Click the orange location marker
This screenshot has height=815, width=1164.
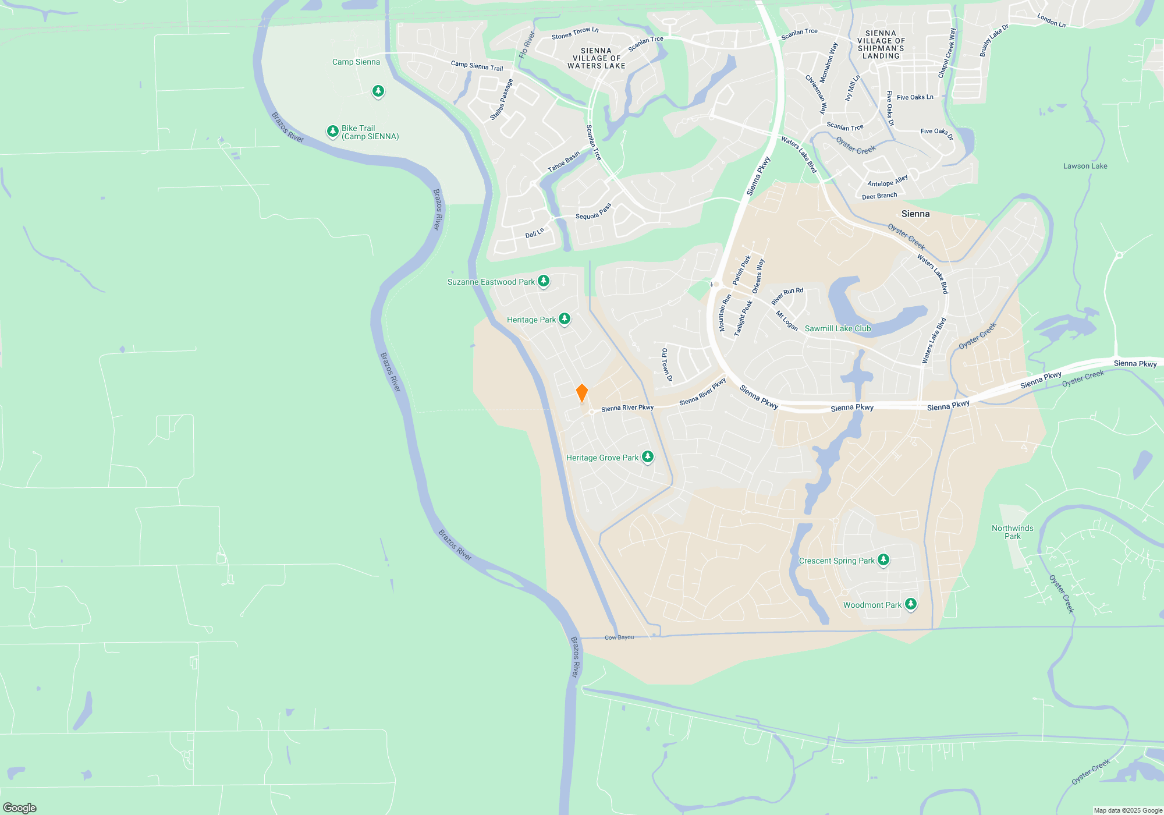pos(581,393)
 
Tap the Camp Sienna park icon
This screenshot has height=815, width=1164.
pos(378,91)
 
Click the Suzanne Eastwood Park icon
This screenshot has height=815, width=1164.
pos(544,281)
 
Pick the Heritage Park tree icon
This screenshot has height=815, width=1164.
pos(565,319)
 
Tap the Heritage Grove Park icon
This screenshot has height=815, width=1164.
pos(647,457)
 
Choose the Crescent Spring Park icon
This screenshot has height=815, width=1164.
pos(883,560)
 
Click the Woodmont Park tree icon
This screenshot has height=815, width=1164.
pos(911,604)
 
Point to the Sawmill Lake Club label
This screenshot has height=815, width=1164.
pos(837,328)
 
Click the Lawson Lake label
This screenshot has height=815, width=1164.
pos(1085,166)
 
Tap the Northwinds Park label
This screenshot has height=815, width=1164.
pos(1013,532)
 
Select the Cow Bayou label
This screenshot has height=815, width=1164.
pos(619,637)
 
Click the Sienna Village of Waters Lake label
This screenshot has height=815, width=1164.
pos(597,58)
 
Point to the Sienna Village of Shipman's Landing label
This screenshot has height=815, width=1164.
pos(881,44)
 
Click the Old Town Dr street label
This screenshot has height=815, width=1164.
pos(666,365)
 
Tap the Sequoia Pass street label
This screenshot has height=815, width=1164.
pos(593,212)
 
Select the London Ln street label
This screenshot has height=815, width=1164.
pos(1051,20)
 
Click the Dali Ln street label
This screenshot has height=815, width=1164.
pos(534,233)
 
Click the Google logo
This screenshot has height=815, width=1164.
pos(20,807)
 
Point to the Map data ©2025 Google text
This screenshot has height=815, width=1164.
pos(1128,810)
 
